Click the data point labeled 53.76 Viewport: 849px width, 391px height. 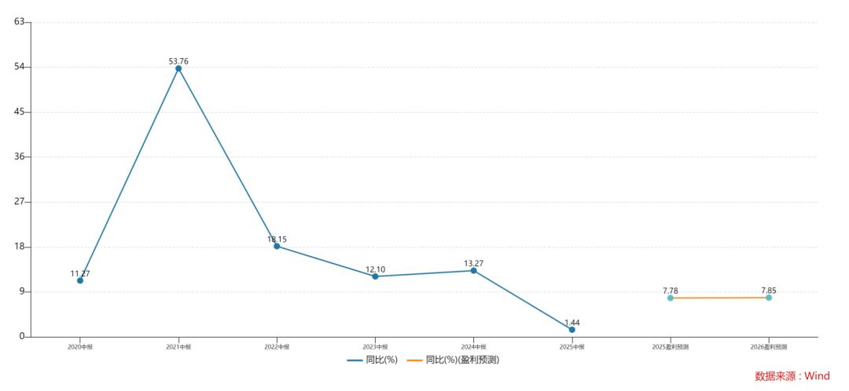178,68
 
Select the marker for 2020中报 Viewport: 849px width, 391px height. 80,280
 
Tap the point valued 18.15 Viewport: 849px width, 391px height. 277,246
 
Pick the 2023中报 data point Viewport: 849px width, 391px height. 375,276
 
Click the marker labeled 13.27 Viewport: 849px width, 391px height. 473,270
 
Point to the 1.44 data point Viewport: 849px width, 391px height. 572,330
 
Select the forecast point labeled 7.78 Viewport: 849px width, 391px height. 671,298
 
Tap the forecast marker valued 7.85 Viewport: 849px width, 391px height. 769,298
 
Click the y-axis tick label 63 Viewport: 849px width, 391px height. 20,21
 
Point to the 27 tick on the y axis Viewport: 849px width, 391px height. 20,202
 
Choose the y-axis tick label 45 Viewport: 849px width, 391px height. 20,111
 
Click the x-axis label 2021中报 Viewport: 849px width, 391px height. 178,346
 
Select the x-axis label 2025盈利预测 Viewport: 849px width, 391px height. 671,346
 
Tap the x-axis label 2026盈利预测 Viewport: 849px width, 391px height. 769,346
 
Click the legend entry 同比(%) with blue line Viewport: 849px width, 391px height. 373,360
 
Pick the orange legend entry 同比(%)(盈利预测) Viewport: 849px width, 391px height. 454,360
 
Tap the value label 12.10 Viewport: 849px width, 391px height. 375,269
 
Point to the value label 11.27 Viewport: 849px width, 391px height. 80,273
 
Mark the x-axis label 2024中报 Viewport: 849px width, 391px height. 473,346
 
